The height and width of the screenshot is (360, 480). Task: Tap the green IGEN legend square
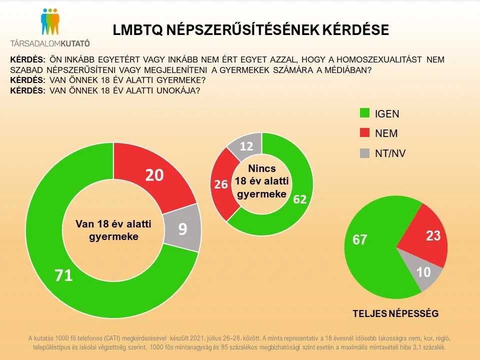pyautogui.click(x=365, y=113)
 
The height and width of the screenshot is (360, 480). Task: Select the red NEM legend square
pyautogui.click(x=365, y=133)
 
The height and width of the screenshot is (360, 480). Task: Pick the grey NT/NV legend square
pyautogui.click(x=365, y=153)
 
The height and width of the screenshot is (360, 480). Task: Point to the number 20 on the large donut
pyautogui.click(x=155, y=175)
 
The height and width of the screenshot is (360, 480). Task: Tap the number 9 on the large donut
pyautogui.click(x=182, y=229)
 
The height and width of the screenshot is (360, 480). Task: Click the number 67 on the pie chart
pyautogui.click(x=359, y=240)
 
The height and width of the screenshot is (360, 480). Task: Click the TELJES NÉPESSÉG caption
pyautogui.click(x=395, y=313)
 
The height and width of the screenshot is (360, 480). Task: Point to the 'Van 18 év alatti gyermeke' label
pyautogui.click(x=113, y=229)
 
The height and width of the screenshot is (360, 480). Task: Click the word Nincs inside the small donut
pyautogui.click(x=262, y=169)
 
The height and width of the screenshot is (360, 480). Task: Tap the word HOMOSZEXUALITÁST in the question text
pyautogui.click(x=359, y=59)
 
